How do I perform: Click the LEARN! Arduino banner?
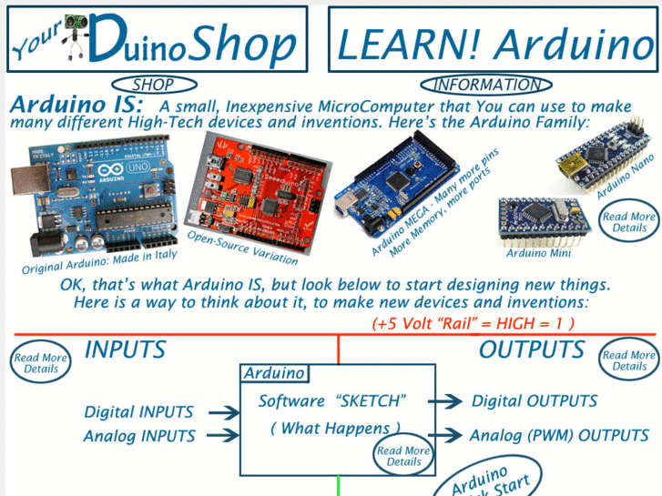[494, 41]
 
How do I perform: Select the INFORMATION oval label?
[486, 86]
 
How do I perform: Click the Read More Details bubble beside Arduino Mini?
[629, 222]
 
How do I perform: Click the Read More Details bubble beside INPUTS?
[41, 363]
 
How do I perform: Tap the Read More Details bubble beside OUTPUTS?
[629, 360]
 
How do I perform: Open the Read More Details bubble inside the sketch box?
[403, 456]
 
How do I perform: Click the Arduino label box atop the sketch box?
[274, 373]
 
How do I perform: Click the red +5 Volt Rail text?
[473, 323]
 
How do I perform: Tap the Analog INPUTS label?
[139, 437]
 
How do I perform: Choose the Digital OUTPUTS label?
[535, 401]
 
